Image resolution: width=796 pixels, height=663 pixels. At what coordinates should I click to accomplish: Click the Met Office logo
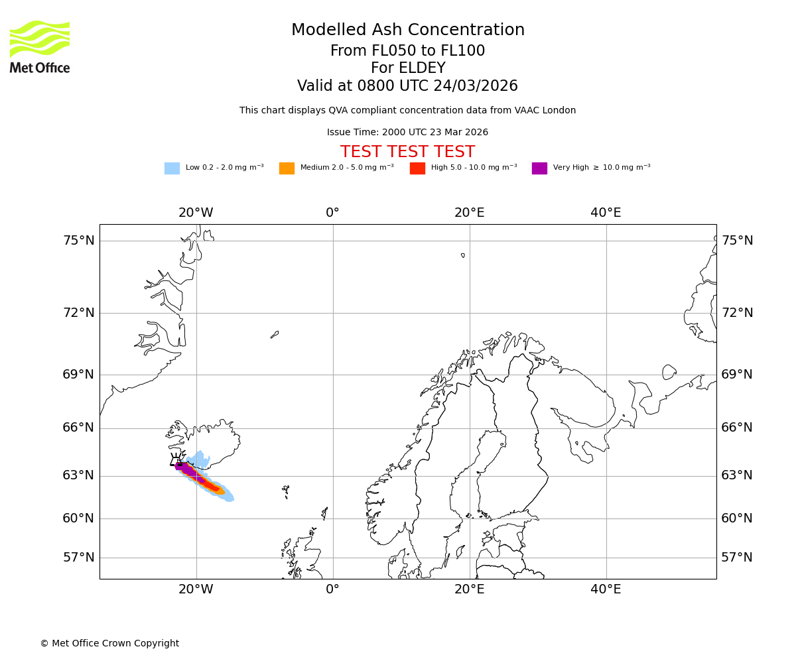(x=40, y=46)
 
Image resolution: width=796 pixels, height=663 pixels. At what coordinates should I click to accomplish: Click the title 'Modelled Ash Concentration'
(x=408, y=30)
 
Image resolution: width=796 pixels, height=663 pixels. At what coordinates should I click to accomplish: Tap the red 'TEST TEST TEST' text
(x=407, y=152)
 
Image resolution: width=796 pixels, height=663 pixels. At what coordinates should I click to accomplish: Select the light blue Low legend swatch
(x=172, y=168)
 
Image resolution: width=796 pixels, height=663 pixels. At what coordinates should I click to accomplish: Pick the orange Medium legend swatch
(x=287, y=168)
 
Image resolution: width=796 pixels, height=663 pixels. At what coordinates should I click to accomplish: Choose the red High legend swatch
(x=417, y=168)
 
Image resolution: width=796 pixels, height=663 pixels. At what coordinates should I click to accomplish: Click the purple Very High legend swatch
(x=539, y=168)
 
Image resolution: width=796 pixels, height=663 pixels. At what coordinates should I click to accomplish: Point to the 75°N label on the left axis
(x=79, y=241)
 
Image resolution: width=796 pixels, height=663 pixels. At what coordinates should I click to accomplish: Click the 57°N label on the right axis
(x=737, y=558)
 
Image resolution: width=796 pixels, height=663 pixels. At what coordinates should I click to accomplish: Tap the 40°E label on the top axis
(x=606, y=213)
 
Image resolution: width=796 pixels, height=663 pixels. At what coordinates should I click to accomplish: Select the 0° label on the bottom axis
(x=332, y=589)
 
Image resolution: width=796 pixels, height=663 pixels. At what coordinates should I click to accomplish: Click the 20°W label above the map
(x=196, y=213)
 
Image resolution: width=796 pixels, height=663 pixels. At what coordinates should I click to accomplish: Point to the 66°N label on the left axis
(x=79, y=428)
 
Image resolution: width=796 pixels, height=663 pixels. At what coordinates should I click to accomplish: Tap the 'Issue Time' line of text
(x=407, y=133)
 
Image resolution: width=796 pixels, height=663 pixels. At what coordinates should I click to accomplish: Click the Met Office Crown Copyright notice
(x=109, y=644)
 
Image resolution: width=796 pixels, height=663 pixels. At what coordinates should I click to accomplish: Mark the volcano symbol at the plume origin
(x=177, y=461)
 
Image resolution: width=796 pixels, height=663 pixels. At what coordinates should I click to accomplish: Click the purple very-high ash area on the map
(x=190, y=471)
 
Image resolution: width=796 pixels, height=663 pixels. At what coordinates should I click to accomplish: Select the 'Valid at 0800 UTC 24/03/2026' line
(x=407, y=86)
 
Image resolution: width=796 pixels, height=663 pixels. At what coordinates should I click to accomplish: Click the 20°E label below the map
(x=469, y=589)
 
